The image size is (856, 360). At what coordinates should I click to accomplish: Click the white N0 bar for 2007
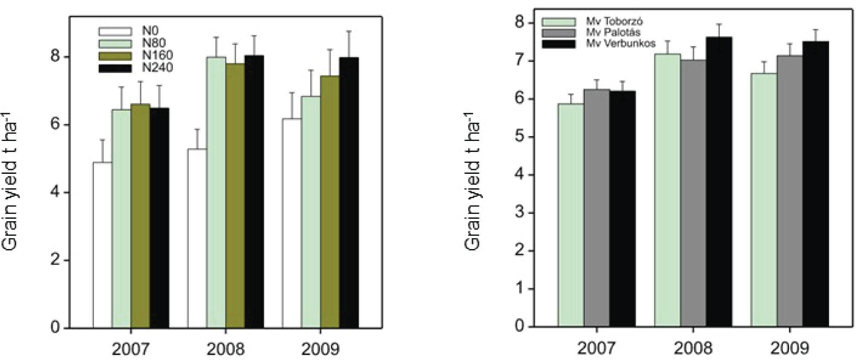(x=102, y=245)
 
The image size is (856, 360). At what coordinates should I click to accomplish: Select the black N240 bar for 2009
(x=348, y=193)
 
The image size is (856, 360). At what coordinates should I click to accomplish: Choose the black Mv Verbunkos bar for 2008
(x=719, y=182)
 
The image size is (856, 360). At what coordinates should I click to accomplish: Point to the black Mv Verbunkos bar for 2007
(x=622, y=209)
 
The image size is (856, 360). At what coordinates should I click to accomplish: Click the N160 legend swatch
(x=115, y=56)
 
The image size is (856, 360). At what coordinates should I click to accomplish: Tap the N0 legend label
(x=150, y=31)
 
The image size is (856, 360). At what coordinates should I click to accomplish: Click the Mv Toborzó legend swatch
(x=559, y=22)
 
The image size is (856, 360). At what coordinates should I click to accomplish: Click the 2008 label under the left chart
(x=225, y=349)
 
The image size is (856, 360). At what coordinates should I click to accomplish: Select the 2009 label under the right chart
(x=789, y=348)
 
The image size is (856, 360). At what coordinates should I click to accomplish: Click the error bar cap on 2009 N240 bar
(x=348, y=31)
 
